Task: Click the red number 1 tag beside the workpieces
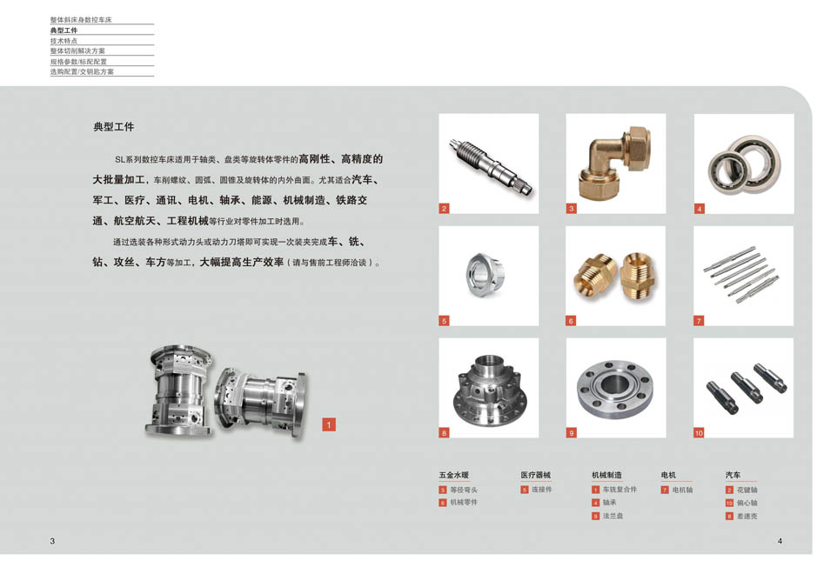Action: point(329,424)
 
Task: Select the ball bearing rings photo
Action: point(744,163)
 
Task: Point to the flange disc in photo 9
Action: point(615,388)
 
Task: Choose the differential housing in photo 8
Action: point(488,389)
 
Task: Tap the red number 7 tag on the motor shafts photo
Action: point(699,321)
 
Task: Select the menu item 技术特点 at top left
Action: point(64,41)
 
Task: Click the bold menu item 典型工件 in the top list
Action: point(64,30)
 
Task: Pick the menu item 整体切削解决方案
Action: point(77,51)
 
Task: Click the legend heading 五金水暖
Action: point(453,476)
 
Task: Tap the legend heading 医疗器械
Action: point(535,476)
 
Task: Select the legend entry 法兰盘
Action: point(612,516)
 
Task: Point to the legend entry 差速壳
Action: point(746,516)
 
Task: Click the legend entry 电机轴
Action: point(682,490)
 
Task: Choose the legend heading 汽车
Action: point(733,476)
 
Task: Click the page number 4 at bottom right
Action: point(780,541)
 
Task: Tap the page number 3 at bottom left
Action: point(52,541)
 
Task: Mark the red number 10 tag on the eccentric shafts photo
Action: point(699,432)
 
